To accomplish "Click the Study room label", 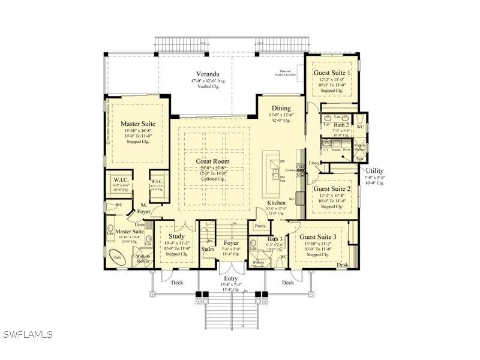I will tap(176, 236).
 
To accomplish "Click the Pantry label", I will tap(260, 226).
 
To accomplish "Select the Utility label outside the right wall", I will tap(375, 171).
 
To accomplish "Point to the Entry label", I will tap(231, 278).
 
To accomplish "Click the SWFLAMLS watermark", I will tap(28, 334).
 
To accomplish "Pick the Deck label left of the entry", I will tap(177, 282).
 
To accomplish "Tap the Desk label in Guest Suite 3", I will tap(342, 265).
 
